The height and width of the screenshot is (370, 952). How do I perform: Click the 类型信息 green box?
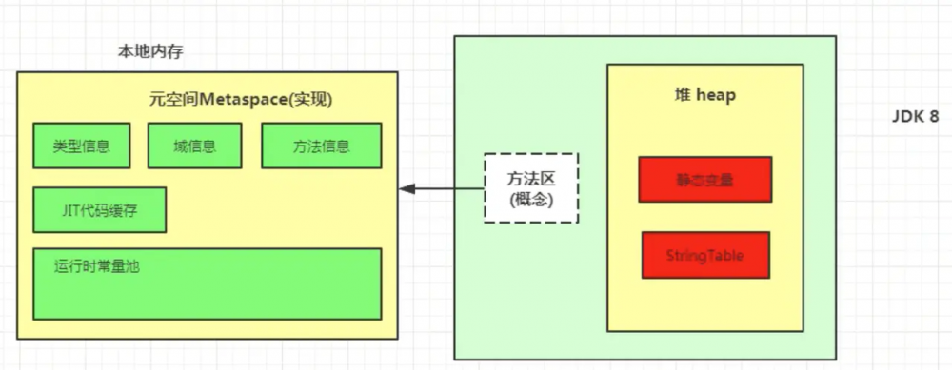tap(81, 146)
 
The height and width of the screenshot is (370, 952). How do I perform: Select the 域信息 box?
tap(194, 146)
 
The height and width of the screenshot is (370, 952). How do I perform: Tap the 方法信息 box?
tap(322, 146)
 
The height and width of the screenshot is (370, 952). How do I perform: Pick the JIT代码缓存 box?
tap(99, 210)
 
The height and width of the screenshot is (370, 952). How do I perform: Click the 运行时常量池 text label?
tap(98, 267)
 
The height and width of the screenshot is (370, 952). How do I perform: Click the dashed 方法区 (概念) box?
tap(531, 187)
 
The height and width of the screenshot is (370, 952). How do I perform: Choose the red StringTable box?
tap(705, 255)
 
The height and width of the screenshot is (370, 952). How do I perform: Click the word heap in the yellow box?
tap(716, 96)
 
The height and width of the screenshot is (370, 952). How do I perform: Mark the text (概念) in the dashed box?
tap(531, 199)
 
